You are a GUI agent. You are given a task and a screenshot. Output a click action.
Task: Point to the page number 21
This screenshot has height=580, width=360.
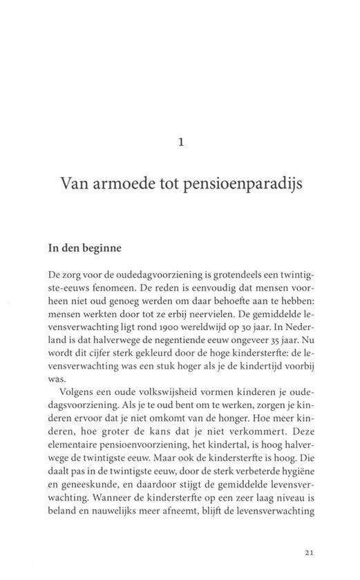coord(310,552)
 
